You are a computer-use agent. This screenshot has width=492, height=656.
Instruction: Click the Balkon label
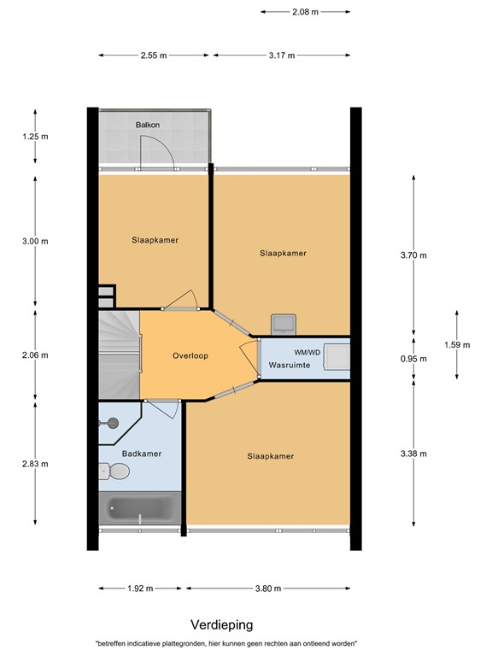coord(148,126)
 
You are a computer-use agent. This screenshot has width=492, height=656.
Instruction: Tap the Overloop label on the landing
coord(190,355)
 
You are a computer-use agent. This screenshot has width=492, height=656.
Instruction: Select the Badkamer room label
coord(141,454)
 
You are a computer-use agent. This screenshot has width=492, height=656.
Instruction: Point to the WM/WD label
coord(307,351)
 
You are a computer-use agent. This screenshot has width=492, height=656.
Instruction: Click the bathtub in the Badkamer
coord(141,510)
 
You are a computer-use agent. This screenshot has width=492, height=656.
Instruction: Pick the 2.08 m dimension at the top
coord(305,12)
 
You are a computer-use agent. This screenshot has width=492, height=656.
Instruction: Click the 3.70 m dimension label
coord(437,255)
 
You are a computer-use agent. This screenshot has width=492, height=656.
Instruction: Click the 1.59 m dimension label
coord(457,344)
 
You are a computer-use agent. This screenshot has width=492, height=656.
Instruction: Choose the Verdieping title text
coord(221,624)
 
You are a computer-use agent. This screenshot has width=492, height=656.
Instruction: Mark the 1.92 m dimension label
coord(140,589)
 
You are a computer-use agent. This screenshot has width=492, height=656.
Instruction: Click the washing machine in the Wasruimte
coord(337,356)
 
